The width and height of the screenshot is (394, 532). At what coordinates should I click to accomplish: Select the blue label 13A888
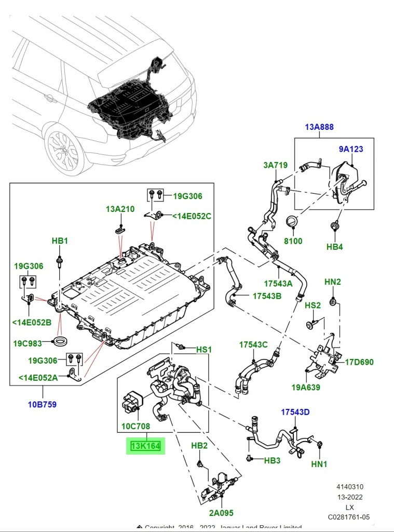(x=319, y=127)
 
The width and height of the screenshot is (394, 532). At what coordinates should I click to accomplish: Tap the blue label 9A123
(x=351, y=149)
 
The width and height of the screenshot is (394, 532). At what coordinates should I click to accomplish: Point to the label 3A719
(x=275, y=165)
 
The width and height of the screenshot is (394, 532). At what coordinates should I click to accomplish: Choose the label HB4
(x=334, y=247)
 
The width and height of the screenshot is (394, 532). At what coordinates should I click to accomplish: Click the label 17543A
(x=278, y=284)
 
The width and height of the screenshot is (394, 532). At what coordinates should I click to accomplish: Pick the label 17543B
(x=267, y=296)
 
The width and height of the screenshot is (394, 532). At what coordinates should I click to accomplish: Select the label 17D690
(x=359, y=362)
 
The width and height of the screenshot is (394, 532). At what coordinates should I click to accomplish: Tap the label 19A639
(x=305, y=387)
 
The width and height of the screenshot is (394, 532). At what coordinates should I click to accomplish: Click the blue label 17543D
(x=295, y=412)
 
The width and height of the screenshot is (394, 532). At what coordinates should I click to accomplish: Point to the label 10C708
(x=135, y=427)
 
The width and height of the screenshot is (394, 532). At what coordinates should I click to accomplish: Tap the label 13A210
(x=120, y=209)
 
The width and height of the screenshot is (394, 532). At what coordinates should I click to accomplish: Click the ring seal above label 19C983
(x=61, y=341)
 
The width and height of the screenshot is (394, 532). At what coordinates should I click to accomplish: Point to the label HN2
(x=333, y=282)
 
